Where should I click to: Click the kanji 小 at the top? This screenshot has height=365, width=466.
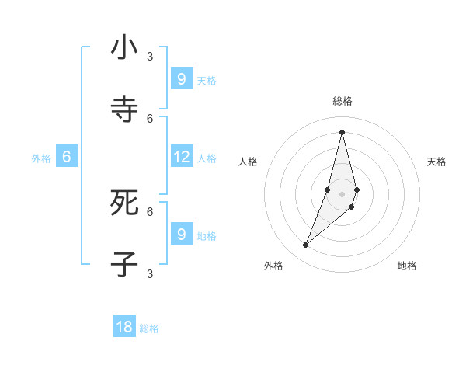click(124, 47)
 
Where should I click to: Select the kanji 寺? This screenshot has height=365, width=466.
click(124, 109)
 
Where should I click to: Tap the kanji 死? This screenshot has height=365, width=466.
click(124, 203)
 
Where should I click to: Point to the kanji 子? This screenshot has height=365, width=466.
click(124, 265)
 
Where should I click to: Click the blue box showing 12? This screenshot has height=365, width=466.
click(182, 157)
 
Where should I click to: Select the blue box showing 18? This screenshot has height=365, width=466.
click(124, 327)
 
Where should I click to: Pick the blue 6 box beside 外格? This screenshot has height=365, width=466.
click(67, 157)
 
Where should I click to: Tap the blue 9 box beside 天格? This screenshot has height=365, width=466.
click(182, 78)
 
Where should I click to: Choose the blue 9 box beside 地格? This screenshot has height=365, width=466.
click(182, 234)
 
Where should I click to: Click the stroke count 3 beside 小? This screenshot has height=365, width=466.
click(150, 56)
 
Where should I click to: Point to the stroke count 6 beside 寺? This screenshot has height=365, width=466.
click(150, 118)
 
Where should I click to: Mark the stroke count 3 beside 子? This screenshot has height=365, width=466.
click(150, 273)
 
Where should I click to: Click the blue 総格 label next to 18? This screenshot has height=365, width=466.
click(149, 328)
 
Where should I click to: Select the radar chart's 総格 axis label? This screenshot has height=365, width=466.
click(342, 101)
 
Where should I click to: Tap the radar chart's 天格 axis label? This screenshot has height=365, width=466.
click(437, 162)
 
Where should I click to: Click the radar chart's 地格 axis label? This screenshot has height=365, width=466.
click(407, 266)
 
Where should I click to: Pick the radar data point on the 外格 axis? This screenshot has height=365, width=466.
click(306, 245)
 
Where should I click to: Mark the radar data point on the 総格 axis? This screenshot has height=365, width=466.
click(342, 131)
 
